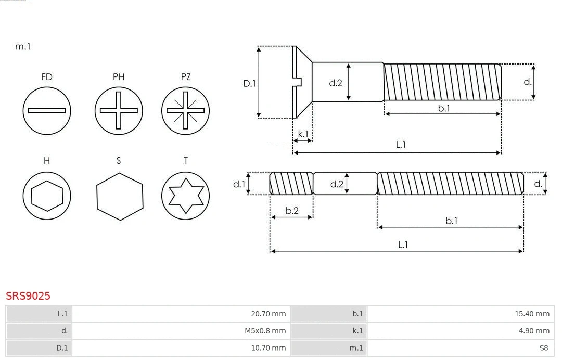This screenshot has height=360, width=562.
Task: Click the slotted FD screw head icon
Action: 47,110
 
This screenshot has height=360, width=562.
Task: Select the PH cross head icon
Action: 119,110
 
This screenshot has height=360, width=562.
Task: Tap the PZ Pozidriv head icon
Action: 186,110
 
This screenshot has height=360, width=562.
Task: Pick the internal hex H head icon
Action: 47,196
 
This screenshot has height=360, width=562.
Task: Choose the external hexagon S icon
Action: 120,196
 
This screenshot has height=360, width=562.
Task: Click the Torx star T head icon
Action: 186,196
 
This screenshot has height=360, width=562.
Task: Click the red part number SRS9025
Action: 28,296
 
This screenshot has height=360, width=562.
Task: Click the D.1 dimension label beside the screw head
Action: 250,83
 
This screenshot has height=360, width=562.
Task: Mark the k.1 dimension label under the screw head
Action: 303,134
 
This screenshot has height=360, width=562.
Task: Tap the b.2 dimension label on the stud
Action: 292,211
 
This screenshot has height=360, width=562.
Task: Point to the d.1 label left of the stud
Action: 238,184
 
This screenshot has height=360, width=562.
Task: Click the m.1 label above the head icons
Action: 23,46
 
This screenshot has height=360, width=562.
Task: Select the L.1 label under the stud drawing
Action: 402,245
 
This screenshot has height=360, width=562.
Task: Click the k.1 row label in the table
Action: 357,331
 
